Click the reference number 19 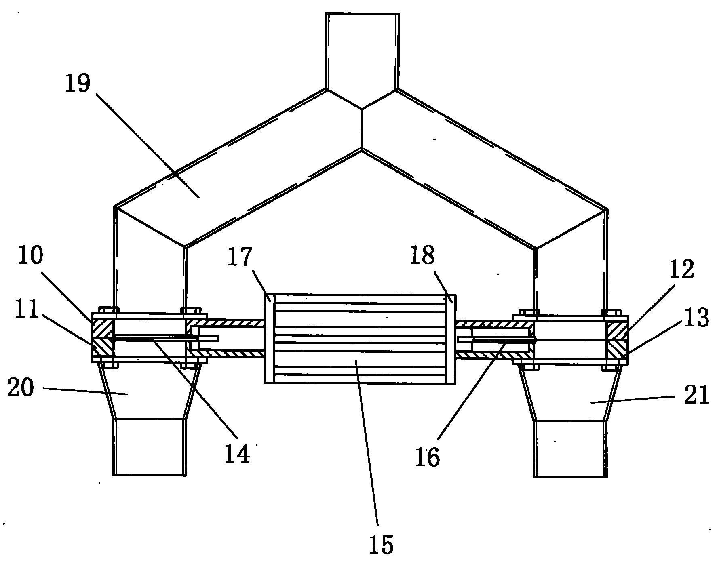tap(78, 84)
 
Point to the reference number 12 tap(682, 269)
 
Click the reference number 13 tap(696, 318)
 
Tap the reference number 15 tap(381, 544)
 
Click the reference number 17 tap(240, 257)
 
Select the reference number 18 tap(422, 255)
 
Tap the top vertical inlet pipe tap(362, 51)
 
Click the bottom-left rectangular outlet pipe tap(150, 447)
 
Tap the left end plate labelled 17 tap(269, 338)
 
